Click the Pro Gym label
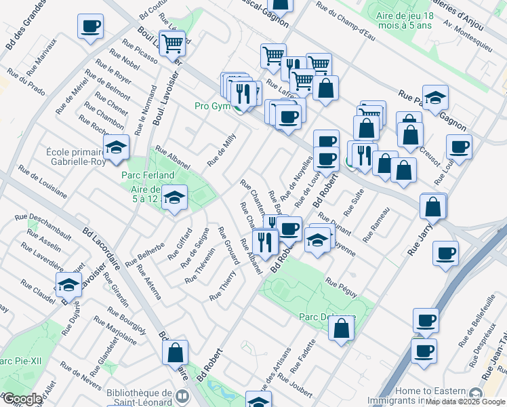[214, 106]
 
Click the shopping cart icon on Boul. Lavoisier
[172, 43]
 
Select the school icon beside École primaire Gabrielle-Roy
[117, 148]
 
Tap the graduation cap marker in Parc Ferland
[175, 198]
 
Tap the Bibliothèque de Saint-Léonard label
[139, 398]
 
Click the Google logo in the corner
[22, 399]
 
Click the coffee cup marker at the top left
[90, 27]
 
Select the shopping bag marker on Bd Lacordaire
[175, 353]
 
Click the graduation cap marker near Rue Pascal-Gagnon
[435, 98]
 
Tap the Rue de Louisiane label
[42, 182]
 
